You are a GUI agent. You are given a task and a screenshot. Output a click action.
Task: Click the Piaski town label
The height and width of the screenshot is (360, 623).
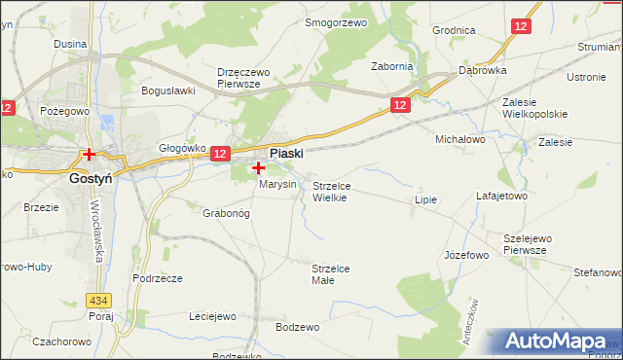click(x=286, y=154)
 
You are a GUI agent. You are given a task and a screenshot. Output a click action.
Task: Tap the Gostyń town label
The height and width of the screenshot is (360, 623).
click(x=93, y=179)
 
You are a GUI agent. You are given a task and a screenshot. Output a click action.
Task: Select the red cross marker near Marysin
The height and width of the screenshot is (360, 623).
click(x=257, y=168)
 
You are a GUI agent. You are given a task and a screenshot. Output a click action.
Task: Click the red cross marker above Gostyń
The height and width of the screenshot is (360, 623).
click(x=89, y=154)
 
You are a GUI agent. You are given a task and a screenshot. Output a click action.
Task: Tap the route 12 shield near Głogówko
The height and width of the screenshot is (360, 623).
click(x=219, y=154)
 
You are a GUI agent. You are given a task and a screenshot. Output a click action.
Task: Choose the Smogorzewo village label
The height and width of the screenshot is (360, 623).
click(x=335, y=21)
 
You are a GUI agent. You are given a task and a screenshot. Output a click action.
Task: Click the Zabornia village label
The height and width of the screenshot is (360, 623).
click(x=392, y=66)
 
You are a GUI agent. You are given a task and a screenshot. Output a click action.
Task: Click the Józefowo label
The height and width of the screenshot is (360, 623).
click(x=465, y=255)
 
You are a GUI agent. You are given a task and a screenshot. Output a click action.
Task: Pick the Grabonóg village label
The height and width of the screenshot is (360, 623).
click(x=227, y=212)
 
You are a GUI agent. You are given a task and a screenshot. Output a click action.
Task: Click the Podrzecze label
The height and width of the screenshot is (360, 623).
click(x=159, y=278)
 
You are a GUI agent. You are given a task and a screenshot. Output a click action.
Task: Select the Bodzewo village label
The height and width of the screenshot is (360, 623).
click(x=297, y=327)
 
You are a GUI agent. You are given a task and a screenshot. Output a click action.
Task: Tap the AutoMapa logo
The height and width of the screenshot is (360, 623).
click(x=554, y=342)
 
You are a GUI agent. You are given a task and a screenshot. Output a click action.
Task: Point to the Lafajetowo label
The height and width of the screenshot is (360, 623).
click(x=501, y=196)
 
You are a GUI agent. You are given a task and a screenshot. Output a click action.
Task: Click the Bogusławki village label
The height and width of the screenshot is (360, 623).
click(x=169, y=90)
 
